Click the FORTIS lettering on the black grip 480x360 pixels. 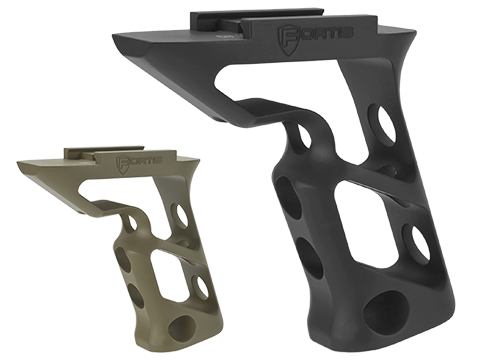[315, 36]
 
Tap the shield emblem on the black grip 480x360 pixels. [288, 40]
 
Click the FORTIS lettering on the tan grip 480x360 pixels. [139, 161]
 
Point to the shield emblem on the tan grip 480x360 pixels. [122, 165]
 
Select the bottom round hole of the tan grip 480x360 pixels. [180, 327]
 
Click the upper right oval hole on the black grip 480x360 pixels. [386, 125]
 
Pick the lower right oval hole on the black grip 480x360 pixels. [416, 243]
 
